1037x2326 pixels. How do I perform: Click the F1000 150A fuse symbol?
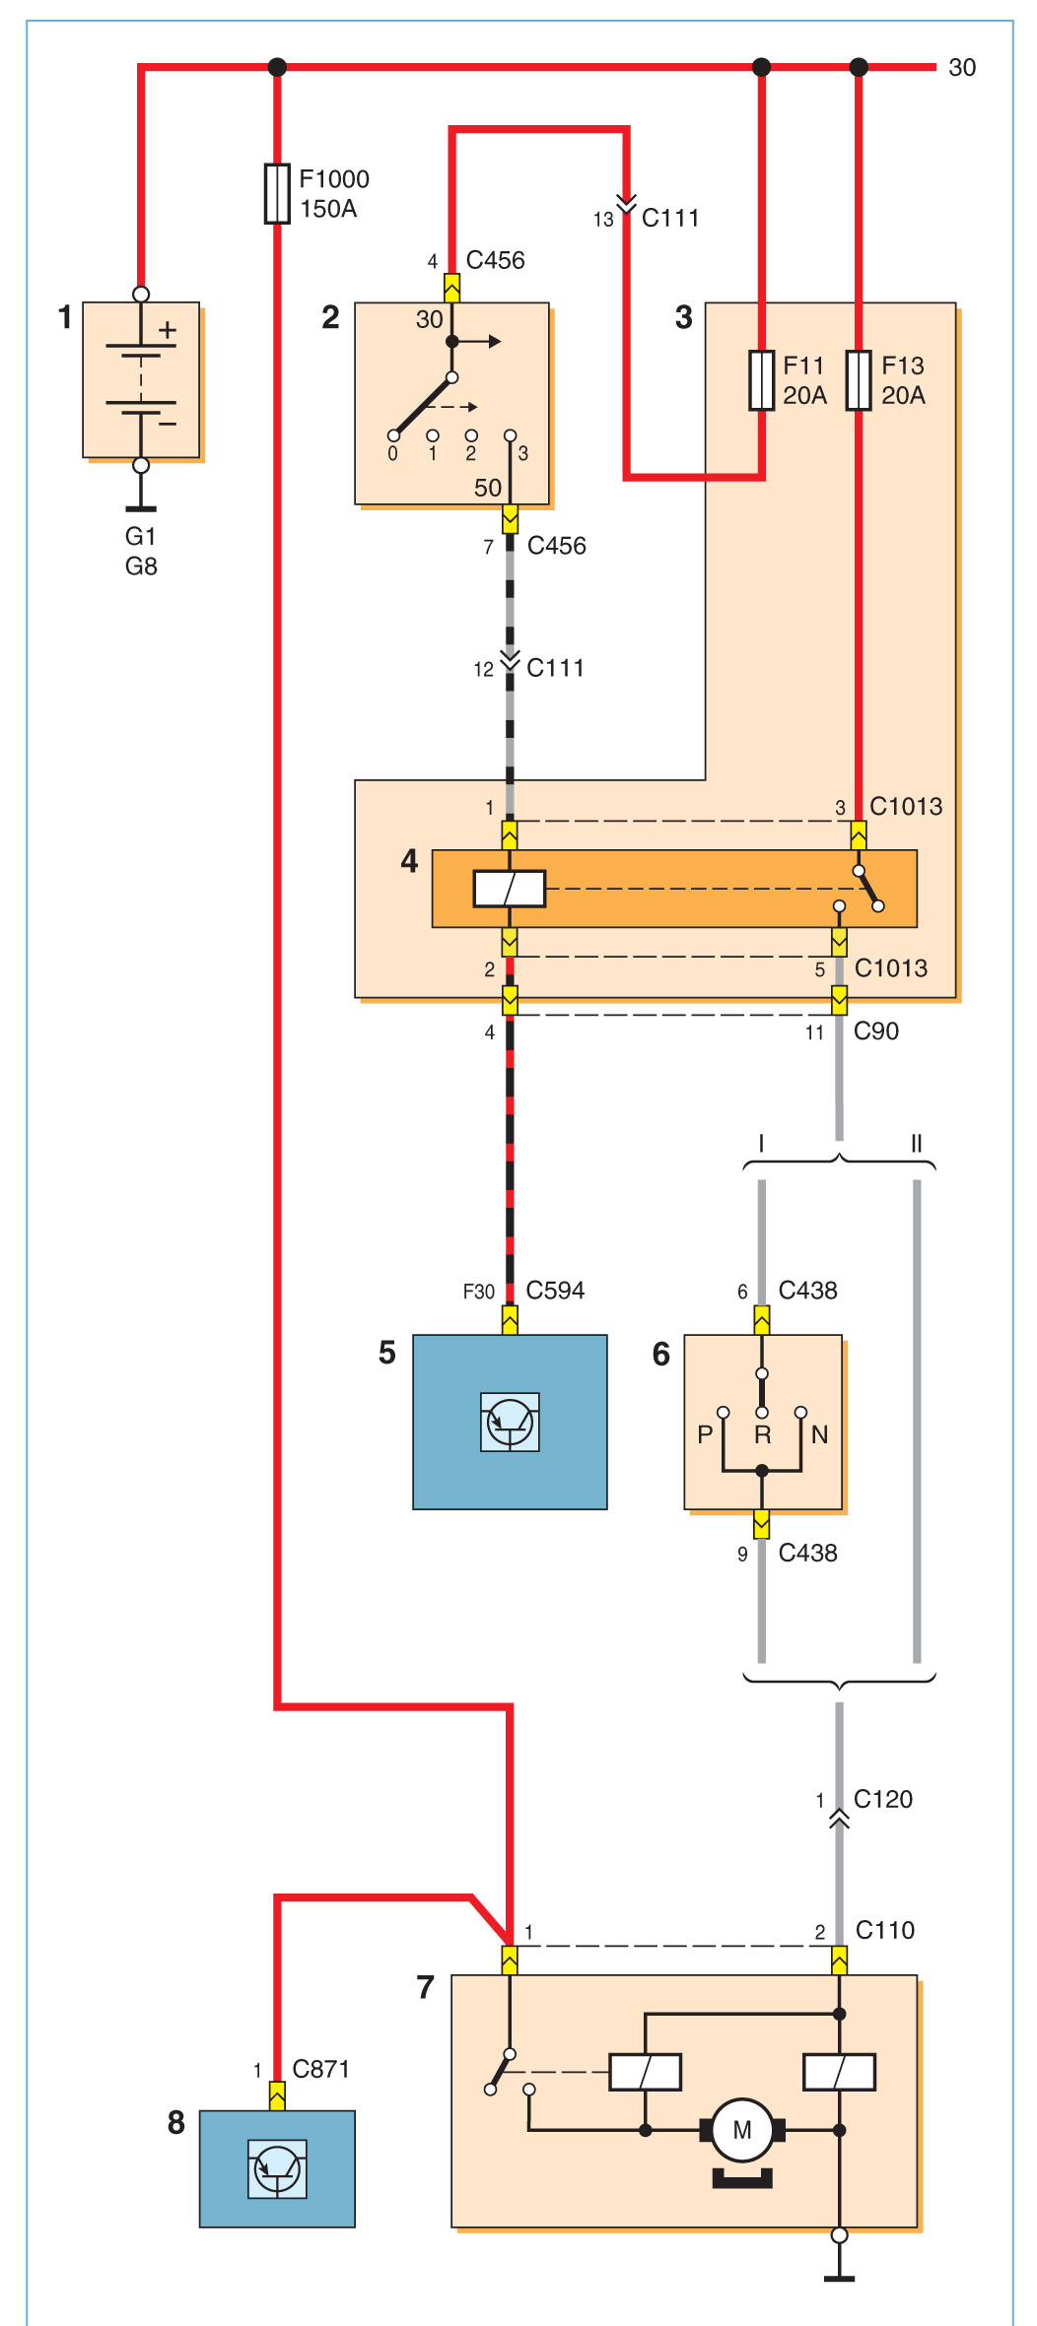(277, 193)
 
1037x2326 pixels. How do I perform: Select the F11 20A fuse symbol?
(761, 379)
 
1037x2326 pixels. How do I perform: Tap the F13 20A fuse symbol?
(859, 379)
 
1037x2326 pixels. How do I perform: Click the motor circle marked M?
(742, 2130)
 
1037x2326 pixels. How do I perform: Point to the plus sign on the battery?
(169, 330)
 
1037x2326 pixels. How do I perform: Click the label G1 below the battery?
(141, 536)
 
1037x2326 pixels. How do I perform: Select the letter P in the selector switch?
(705, 1434)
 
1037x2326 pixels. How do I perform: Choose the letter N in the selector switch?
(819, 1434)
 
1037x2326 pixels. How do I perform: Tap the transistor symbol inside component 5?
(510, 1422)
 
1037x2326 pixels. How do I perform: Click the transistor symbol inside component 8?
(277, 2168)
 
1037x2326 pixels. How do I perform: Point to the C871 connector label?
(321, 2069)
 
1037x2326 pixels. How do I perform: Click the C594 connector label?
(555, 1291)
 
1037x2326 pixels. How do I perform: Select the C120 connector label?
(883, 1799)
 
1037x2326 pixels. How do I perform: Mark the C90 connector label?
(876, 1031)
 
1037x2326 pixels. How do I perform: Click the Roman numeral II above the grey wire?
(917, 1143)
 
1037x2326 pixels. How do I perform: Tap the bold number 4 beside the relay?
(410, 861)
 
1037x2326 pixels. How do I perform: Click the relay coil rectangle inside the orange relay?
(510, 889)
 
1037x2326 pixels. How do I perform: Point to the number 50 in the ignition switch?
(488, 488)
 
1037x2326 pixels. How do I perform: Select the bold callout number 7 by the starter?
(426, 1987)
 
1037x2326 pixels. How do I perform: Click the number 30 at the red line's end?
(962, 67)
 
